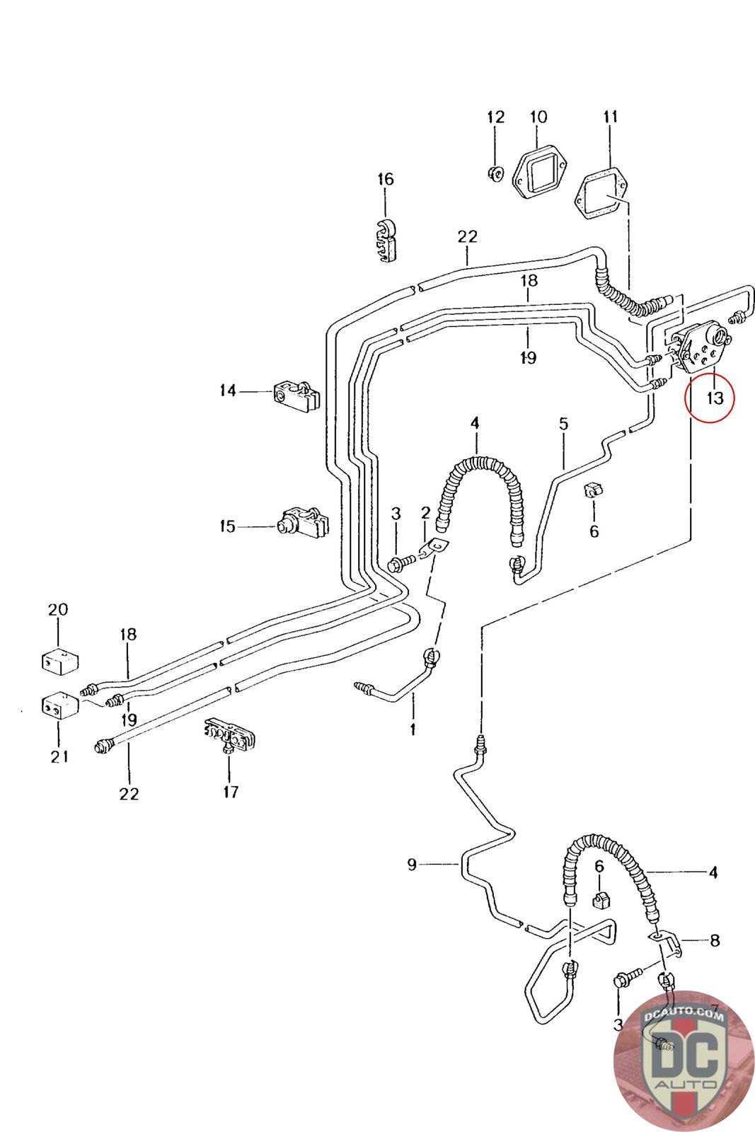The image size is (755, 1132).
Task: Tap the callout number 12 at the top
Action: click(x=495, y=117)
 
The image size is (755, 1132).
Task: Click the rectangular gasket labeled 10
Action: click(x=538, y=173)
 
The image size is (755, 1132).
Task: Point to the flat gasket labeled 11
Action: click(x=601, y=190)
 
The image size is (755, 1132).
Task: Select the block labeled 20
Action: click(x=59, y=660)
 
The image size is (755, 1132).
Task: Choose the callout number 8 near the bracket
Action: click(x=714, y=940)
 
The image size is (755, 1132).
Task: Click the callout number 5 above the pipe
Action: click(x=563, y=424)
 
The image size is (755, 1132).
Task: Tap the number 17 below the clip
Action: click(x=231, y=791)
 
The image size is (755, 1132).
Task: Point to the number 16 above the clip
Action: click(x=385, y=179)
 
